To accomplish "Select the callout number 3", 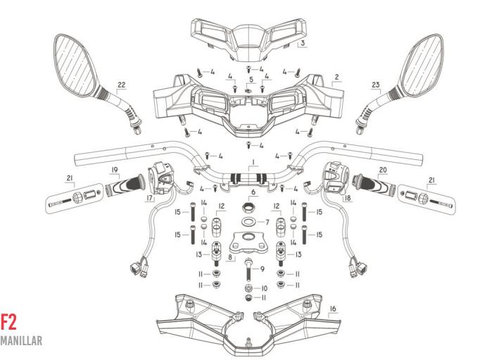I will pyautogui.click(x=301, y=43).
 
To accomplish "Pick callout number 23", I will pyautogui.click(x=376, y=85).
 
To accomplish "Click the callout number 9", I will pyautogui.click(x=263, y=268).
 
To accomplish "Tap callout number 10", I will pyautogui.click(x=264, y=288).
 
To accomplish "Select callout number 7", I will pyautogui.click(x=265, y=222).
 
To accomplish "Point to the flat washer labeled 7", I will pyautogui.click(x=248, y=223).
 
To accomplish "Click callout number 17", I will pyautogui.click(x=150, y=198).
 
